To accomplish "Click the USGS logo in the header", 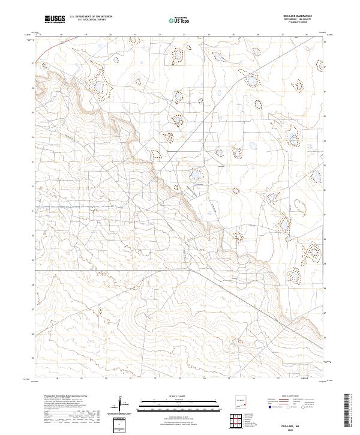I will pos(55,20).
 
